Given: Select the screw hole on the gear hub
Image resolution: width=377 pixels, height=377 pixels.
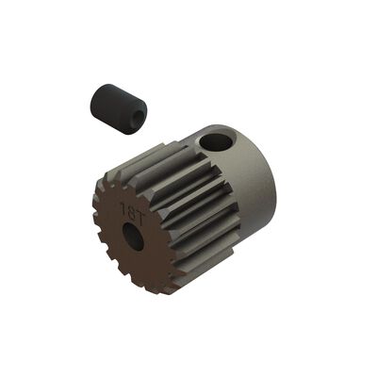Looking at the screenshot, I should tap(218, 141).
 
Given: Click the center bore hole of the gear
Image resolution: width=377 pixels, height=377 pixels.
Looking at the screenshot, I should tap(135, 238).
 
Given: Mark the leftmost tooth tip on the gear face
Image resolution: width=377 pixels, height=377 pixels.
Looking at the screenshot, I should tap(95, 222).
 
